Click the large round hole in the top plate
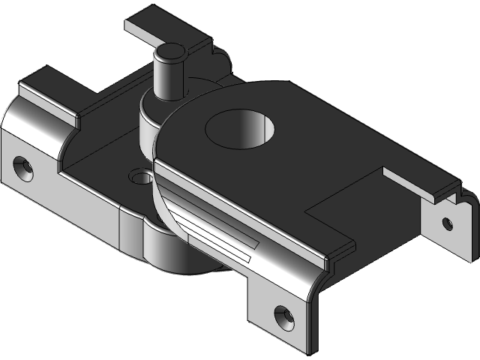[x=240, y=129]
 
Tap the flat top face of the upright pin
[x=169, y=53]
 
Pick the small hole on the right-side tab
[x=447, y=223]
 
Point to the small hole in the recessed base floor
[x=139, y=178]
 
